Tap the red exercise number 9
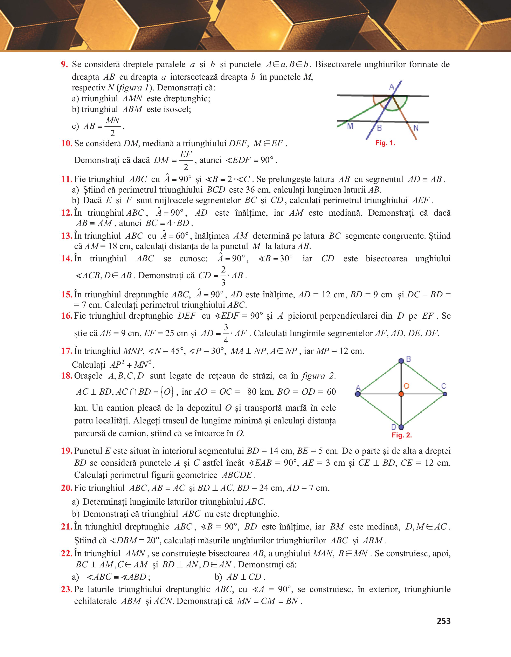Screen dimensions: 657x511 (64, 64)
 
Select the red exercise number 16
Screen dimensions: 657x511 (67, 316)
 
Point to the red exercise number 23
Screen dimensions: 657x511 (67, 589)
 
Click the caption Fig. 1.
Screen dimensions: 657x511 (385, 143)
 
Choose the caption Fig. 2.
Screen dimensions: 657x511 (401, 435)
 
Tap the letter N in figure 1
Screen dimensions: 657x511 (416, 128)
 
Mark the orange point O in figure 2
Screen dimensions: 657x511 (401, 394)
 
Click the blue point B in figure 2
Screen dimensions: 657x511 (401, 361)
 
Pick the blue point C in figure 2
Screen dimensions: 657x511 (445, 394)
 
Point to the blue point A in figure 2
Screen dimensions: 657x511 (358, 394)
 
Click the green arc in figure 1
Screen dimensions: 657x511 (396, 109)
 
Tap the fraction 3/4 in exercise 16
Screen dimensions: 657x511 (226, 333)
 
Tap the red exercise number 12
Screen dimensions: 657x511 (67, 213)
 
